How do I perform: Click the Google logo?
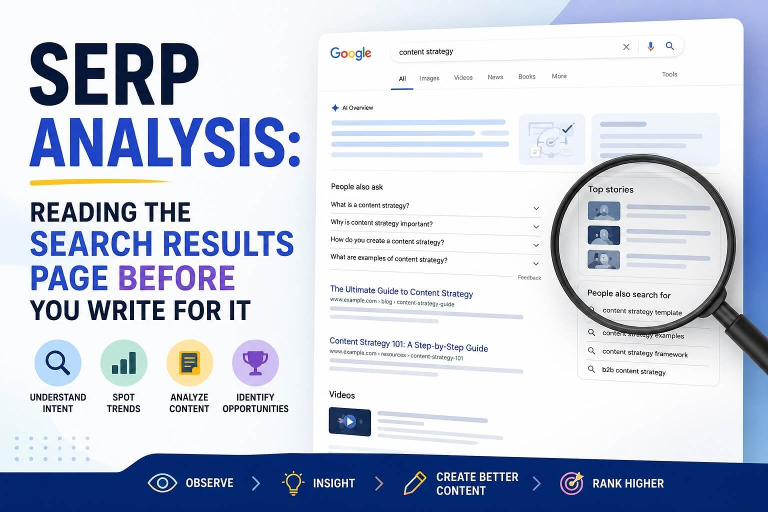tap(350, 53)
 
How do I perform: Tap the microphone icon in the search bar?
tap(650, 46)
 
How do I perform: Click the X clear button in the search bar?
tap(626, 47)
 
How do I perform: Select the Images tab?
tap(429, 78)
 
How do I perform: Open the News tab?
tap(495, 77)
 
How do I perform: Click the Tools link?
tap(669, 74)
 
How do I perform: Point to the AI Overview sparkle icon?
tap(335, 108)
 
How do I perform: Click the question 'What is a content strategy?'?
tap(370, 205)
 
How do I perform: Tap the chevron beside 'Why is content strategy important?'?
tap(536, 226)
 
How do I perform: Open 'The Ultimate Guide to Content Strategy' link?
tap(401, 291)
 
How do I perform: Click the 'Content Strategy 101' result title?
tap(408, 344)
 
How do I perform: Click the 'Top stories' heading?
tap(610, 189)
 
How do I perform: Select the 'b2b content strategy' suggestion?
tap(633, 371)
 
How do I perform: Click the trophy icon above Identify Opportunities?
tap(255, 363)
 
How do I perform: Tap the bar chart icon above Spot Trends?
tap(124, 363)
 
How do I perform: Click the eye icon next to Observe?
tap(162, 483)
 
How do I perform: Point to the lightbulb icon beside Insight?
tap(293, 483)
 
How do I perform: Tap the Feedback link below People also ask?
tap(529, 277)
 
